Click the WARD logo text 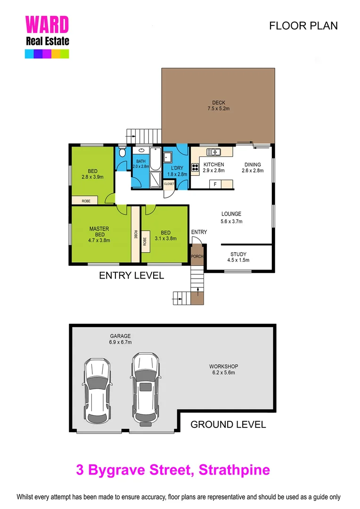pos(47,25)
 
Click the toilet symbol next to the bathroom pos(122,153)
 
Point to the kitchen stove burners pos(195,166)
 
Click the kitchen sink pos(215,152)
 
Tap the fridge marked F pos(215,184)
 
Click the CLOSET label pos(169,183)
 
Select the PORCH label pos(196,256)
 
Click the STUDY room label pos(238,254)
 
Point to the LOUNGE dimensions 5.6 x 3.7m pos(231,221)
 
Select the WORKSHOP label pos(224,366)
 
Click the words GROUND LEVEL pos(228,424)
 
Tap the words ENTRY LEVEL pos(131,275)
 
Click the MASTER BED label pos(99,231)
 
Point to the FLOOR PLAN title pos(303,25)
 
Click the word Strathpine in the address pos(234,469)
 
